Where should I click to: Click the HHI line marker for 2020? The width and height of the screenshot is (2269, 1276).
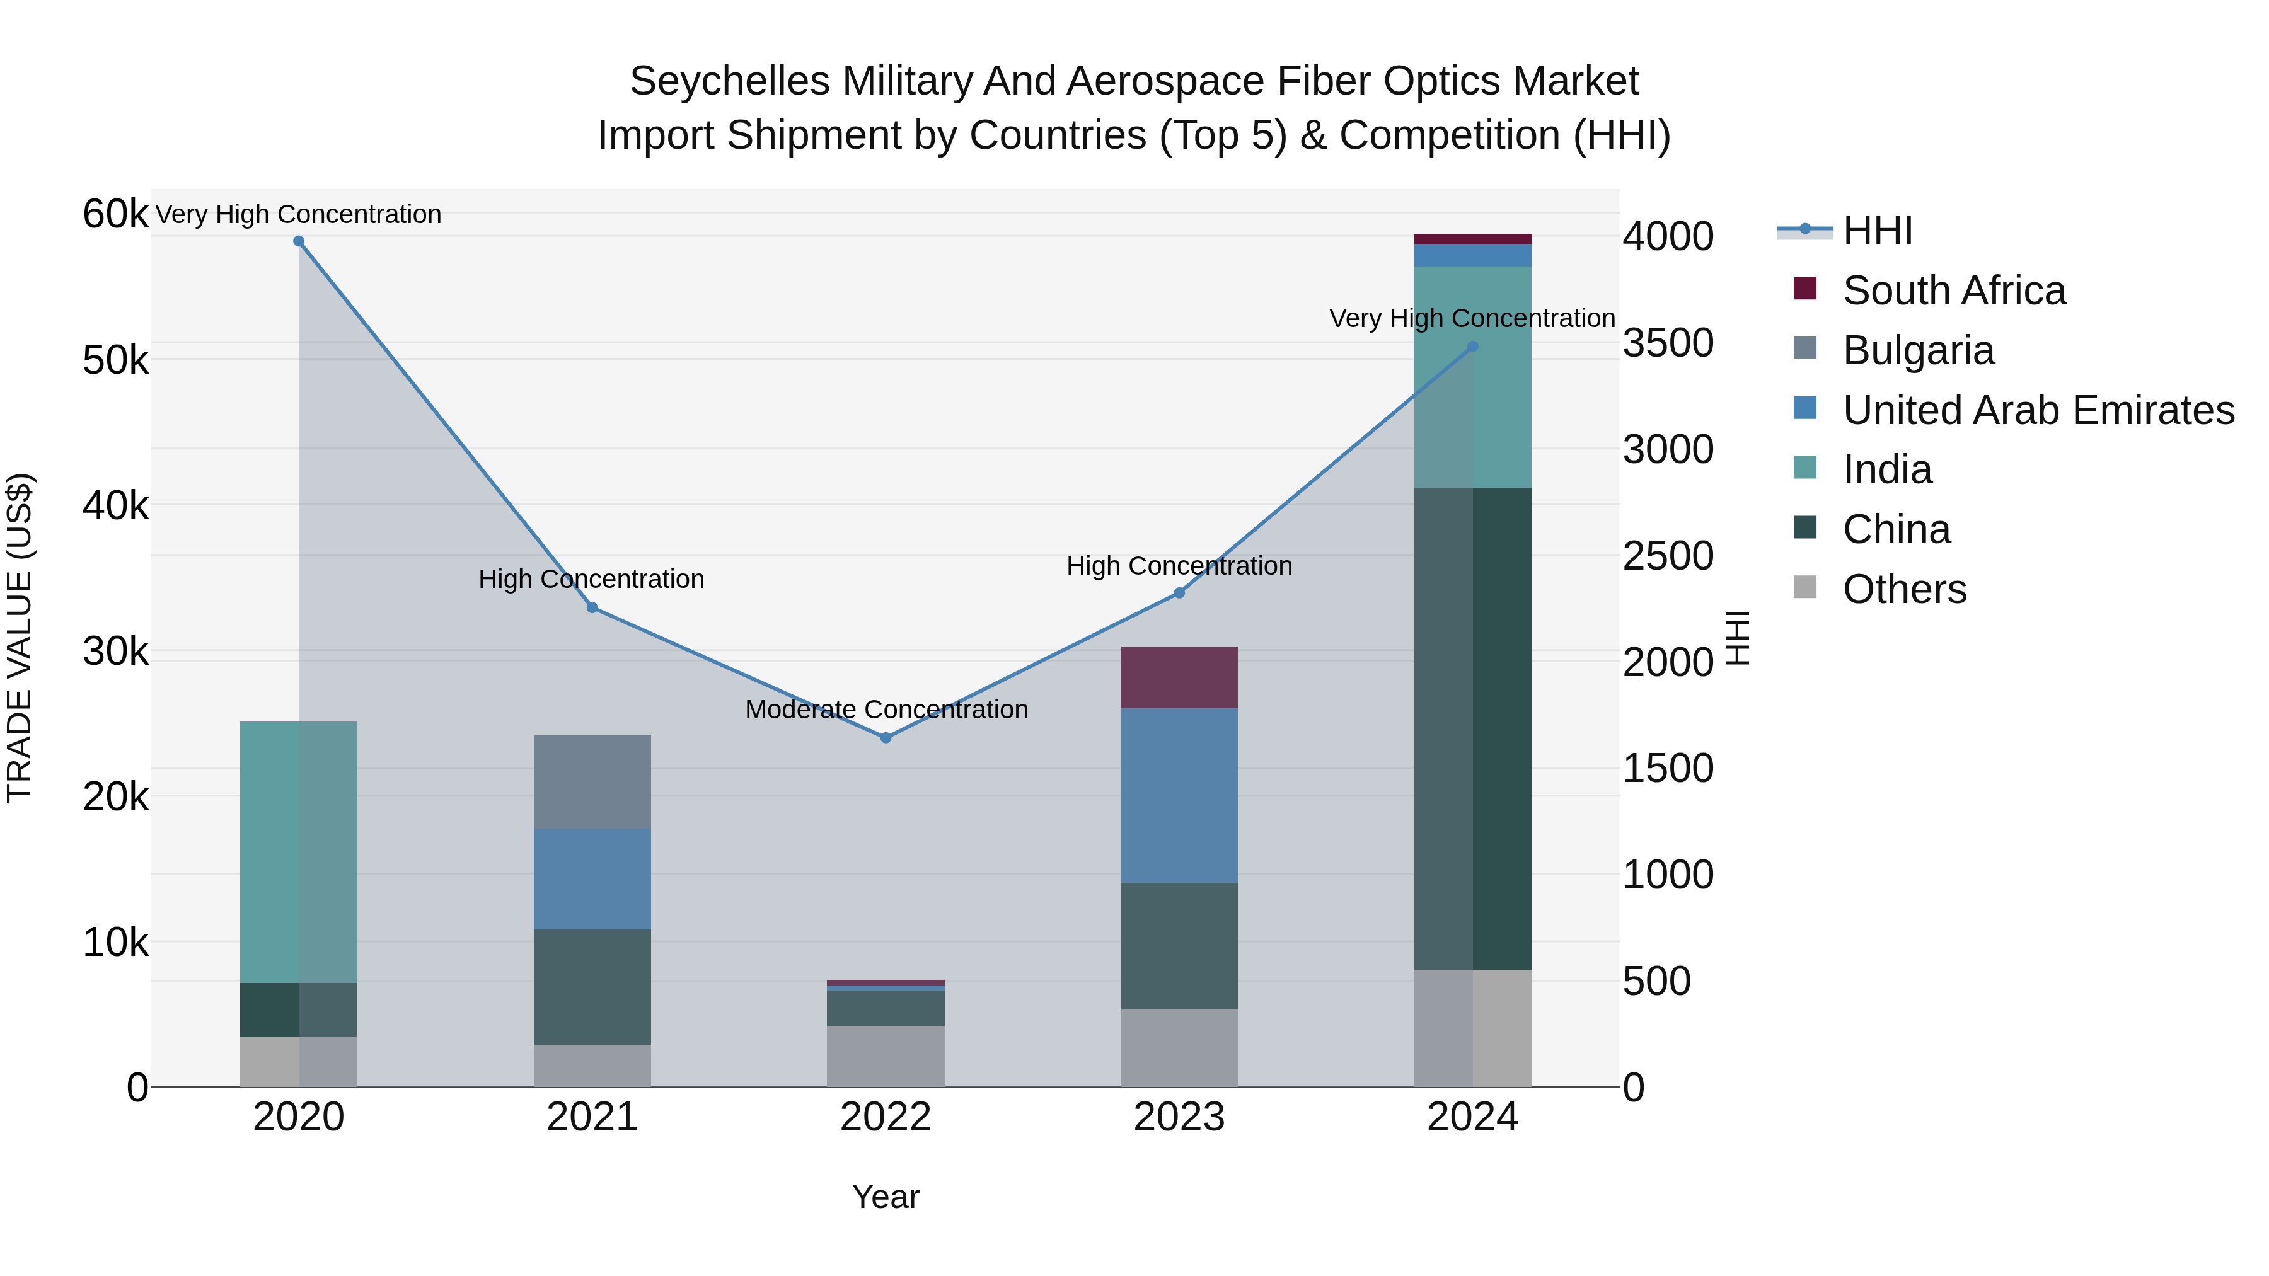299,241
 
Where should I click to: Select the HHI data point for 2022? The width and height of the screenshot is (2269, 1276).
886,738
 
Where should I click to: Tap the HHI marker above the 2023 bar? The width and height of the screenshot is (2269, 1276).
1179,594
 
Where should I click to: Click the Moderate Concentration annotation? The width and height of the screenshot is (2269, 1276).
886,710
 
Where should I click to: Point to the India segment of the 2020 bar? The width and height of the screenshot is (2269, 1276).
299,851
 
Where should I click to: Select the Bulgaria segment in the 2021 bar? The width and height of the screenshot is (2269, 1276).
592,782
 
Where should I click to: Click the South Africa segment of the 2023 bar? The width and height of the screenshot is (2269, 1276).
1179,678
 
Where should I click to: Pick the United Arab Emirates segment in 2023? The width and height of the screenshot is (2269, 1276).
1179,795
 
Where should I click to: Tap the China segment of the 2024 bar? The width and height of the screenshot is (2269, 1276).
1473,728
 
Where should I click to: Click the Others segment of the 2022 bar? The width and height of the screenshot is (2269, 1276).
886,1056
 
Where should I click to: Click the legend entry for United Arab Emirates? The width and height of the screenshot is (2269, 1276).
2037,410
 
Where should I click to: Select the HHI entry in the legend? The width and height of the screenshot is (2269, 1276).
1876,231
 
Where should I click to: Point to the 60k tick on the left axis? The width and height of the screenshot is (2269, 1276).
115,214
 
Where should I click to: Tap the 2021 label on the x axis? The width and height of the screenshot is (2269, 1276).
592,1117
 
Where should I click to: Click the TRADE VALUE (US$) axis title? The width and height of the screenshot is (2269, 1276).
20,638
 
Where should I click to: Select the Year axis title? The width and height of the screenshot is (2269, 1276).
886,1197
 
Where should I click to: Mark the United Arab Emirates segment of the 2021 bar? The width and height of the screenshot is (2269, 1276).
592,879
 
